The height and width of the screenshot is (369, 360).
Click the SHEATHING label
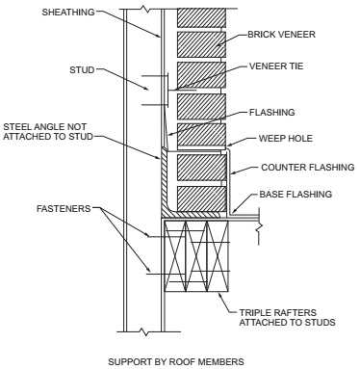pyautogui.click(x=68, y=13)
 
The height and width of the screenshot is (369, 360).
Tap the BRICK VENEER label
pyautogui.click(x=281, y=35)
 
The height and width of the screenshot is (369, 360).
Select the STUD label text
pyautogui.click(x=82, y=70)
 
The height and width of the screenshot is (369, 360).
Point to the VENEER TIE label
pyautogui.click(x=276, y=66)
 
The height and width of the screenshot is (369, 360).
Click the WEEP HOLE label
pyautogui.click(x=286, y=139)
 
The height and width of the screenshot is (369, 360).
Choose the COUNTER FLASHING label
pyautogui.click(x=308, y=168)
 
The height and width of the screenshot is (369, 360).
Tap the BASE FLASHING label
pyautogui.click(x=296, y=195)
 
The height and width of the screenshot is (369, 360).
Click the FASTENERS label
pyautogui.click(x=64, y=209)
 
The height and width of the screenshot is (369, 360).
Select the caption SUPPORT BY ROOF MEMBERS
pyautogui.click(x=176, y=362)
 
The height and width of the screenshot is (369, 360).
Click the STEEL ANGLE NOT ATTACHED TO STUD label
pyautogui.click(x=48, y=132)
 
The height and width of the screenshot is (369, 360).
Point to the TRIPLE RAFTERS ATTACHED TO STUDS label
pyautogui.click(x=287, y=318)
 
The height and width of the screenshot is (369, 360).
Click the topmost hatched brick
pyautogui.click(x=201, y=17)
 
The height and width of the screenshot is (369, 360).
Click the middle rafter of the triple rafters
pyautogui.click(x=196, y=256)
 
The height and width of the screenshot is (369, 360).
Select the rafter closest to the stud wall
pyautogui.click(x=175, y=256)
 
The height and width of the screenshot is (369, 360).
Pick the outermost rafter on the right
pyautogui.click(x=218, y=256)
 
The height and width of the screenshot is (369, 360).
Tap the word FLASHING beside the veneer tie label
pyautogui.click(x=271, y=113)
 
